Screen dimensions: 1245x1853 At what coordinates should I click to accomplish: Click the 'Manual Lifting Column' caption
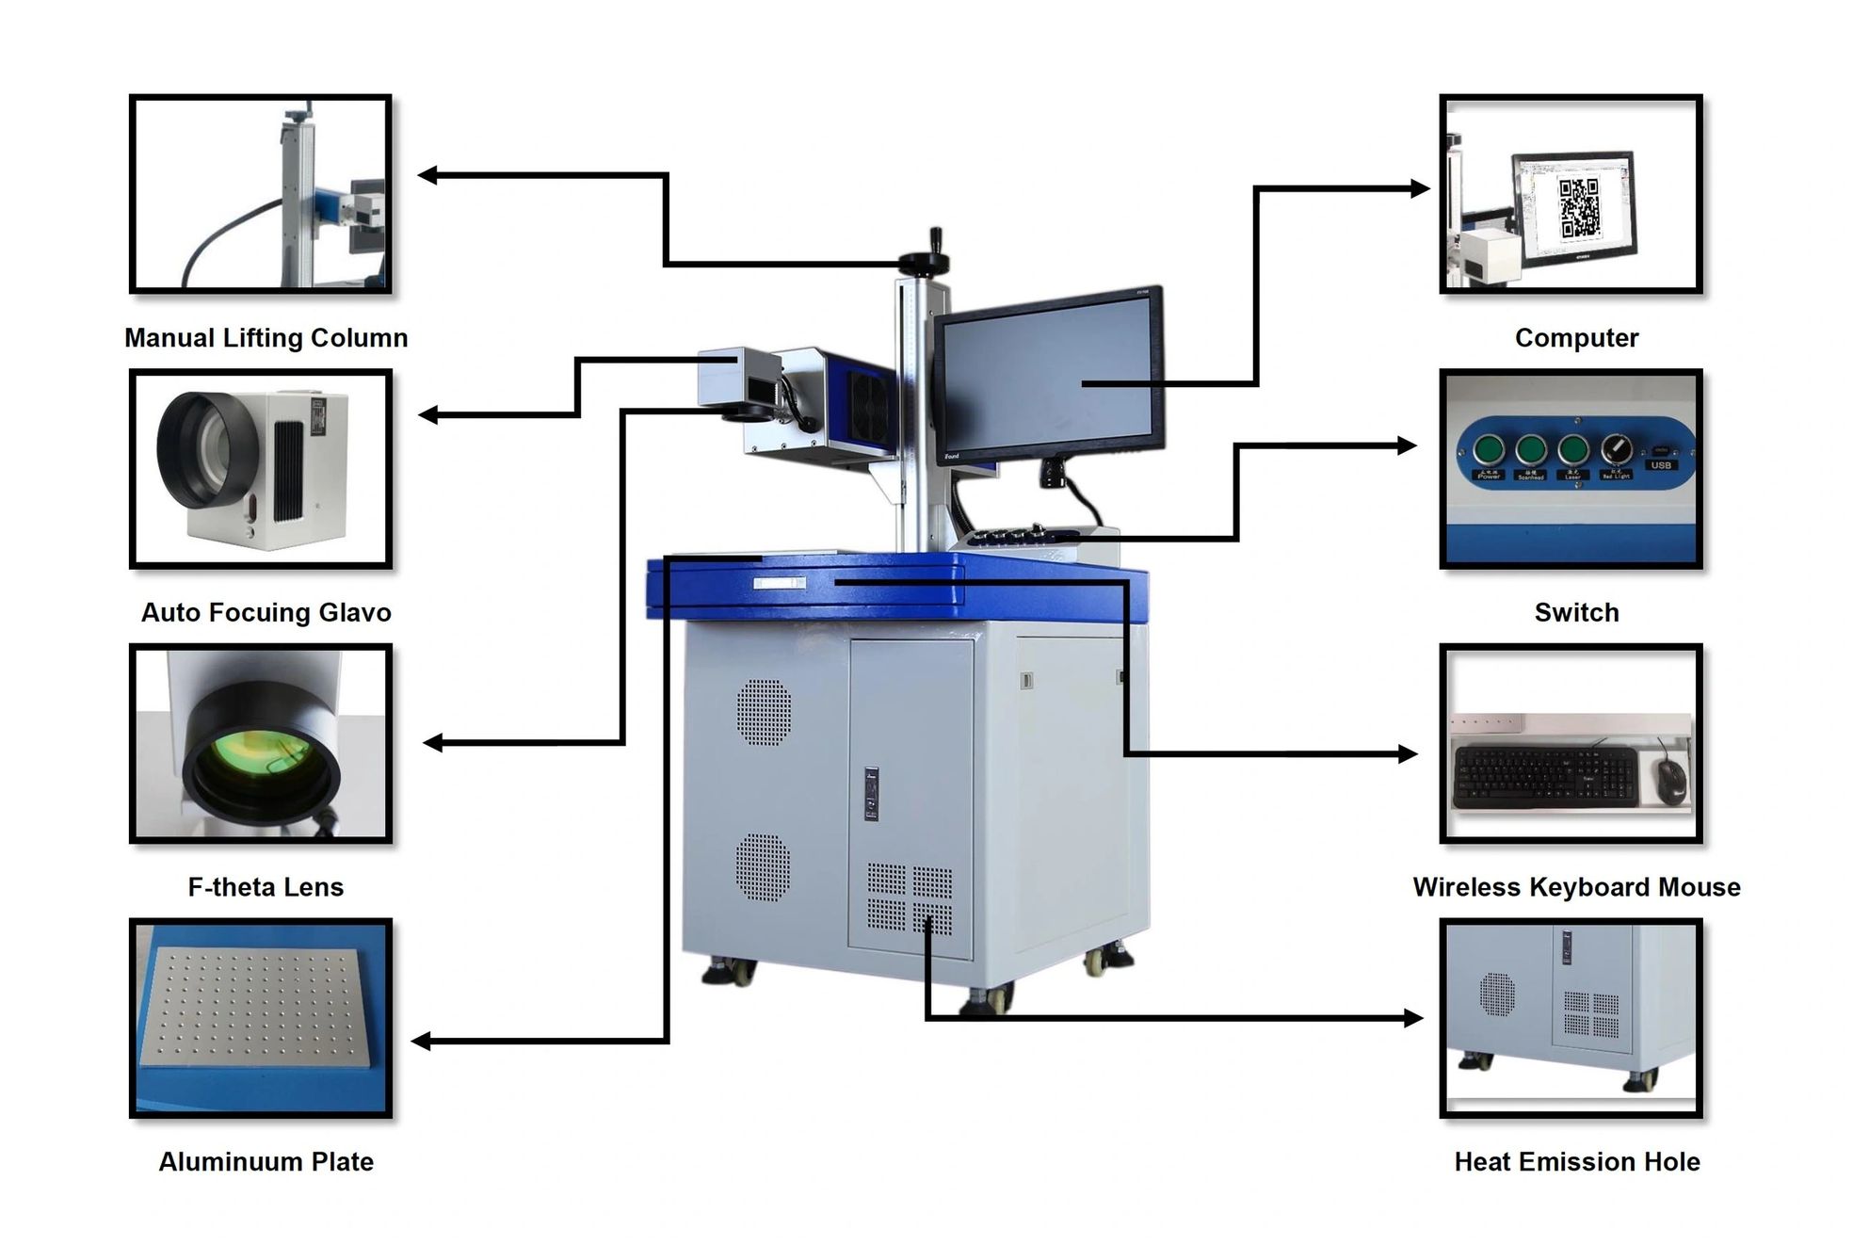266,337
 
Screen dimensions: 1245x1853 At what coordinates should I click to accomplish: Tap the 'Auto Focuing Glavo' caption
266,612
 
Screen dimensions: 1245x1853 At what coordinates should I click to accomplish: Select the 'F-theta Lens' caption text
266,887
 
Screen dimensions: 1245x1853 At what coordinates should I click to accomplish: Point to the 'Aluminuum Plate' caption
266,1162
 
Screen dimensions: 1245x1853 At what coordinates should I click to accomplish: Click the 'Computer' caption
1576,337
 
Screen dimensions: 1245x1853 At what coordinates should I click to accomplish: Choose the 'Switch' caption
1576,612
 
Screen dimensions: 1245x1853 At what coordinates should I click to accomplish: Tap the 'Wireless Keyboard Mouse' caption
1576,887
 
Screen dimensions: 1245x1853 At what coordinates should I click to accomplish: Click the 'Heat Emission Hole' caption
1576,1162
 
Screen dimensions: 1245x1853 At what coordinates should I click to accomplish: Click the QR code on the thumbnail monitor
1579,207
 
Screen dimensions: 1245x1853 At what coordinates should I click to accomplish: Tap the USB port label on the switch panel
1660,465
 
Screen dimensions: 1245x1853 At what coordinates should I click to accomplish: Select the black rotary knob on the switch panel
1617,448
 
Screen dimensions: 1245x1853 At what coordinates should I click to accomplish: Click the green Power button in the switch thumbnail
1489,449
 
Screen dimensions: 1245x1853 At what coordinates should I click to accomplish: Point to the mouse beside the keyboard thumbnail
1671,781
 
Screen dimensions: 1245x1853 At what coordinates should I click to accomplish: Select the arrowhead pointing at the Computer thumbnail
1420,189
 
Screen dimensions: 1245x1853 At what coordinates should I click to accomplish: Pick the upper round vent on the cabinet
764,711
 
